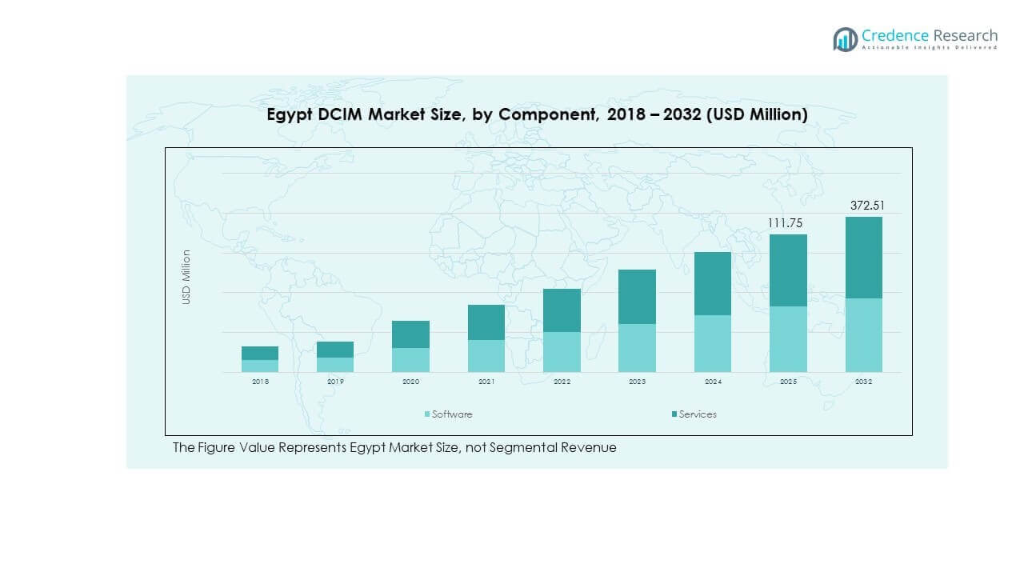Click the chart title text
pyautogui.click(x=537, y=115)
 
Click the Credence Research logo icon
pyautogui.click(x=845, y=39)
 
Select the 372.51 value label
pyautogui.click(x=867, y=206)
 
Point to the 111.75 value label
pyautogui.click(x=785, y=223)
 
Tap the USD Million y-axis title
pyautogui.click(x=186, y=277)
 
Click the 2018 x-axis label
pyautogui.click(x=260, y=382)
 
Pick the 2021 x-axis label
pyautogui.click(x=486, y=382)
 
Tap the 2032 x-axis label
pyautogui.click(x=863, y=382)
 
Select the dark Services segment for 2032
pyautogui.click(x=863, y=258)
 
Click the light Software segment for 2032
pyautogui.click(x=863, y=335)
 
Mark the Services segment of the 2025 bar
pyautogui.click(x=788, y=270)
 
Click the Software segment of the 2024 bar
pyautogui.click(x=713, y=343)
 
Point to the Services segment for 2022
pyautogui.click(x=562, y=310)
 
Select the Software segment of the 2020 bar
pyautogui.click(x=410, y=360)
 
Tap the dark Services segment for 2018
pyautogui.click(x=260, y=353)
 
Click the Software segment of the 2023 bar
pyautogui.click(x=637, y=348)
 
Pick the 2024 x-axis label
pyautogui.click(x=713, y=382)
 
